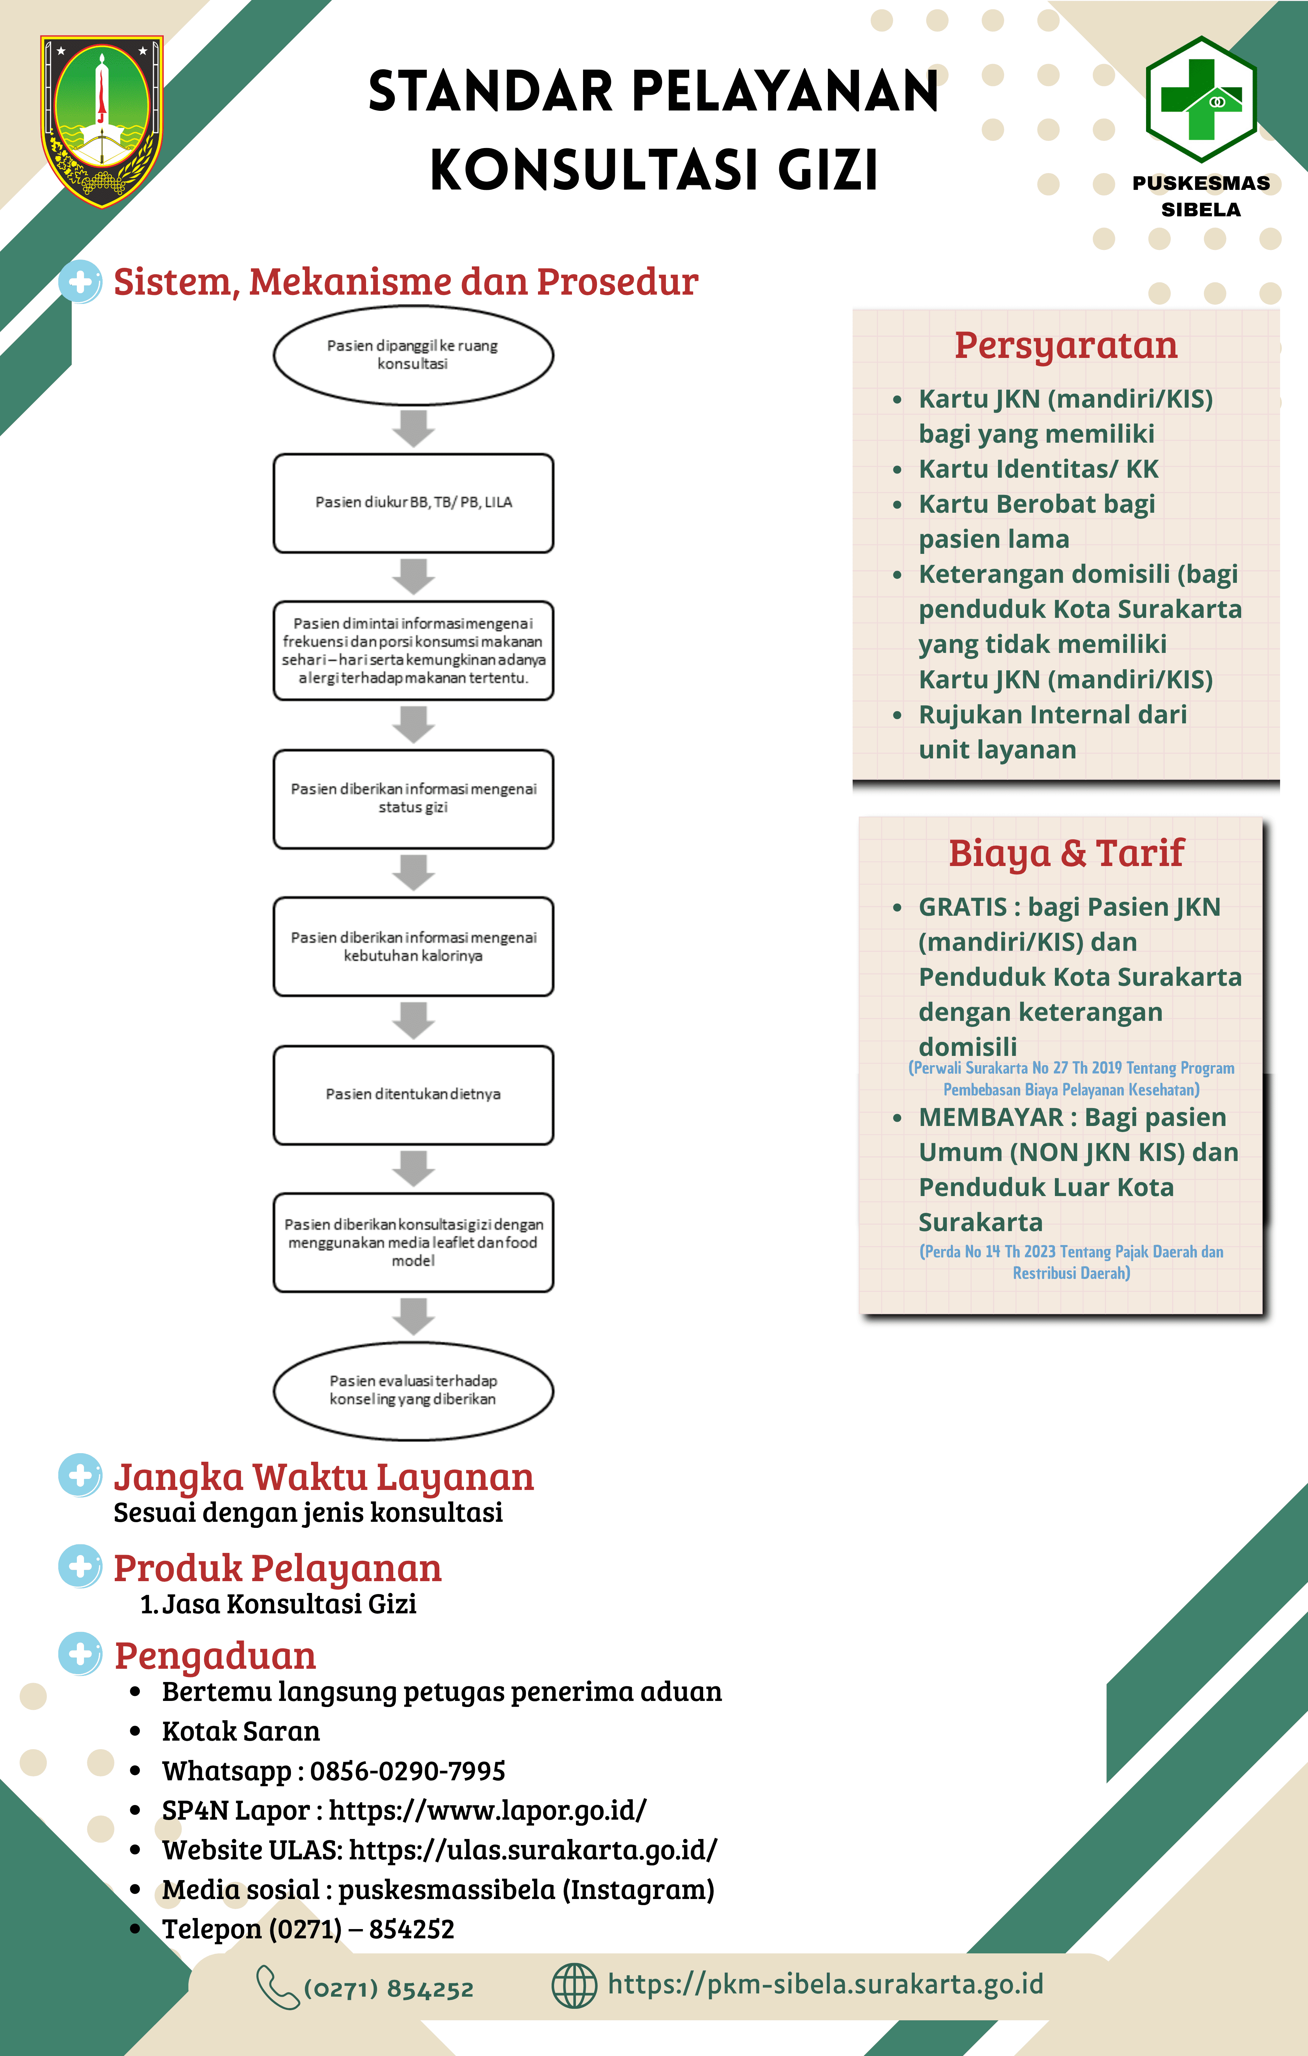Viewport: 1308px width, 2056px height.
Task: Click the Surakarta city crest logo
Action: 102,121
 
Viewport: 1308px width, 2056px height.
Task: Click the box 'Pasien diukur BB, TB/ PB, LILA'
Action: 413,503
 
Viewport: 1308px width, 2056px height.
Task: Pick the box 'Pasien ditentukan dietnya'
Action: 413,1095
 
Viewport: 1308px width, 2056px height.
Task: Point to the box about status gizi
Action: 413,798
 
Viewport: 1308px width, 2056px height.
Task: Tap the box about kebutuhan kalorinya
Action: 413,946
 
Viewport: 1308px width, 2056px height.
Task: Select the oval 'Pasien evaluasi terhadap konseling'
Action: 413,1390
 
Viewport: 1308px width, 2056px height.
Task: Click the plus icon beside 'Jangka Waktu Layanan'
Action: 80,1475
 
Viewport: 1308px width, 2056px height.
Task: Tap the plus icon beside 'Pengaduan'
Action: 80,1654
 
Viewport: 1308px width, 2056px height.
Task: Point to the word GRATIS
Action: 963,907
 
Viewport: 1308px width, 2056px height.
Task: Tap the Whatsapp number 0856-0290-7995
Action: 407,1771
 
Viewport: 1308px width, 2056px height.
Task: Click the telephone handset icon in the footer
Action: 277,1987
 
